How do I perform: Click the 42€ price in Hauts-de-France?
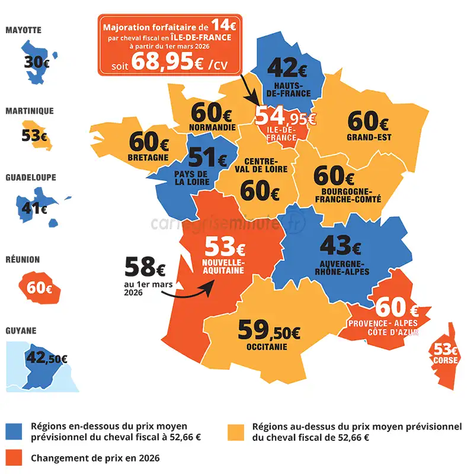tap(287, 69)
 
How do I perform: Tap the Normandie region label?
tap(212, 127)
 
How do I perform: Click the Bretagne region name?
tap(148, 158)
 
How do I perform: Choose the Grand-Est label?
tap(369, 137)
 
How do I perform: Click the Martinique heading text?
tap(30, 111)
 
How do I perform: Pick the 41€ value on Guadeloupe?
tap(34, 208)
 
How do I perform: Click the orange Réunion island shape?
tap(39, 288)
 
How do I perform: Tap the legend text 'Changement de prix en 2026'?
tap(95, 458)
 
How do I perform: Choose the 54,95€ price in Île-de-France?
tap(286, 116)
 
